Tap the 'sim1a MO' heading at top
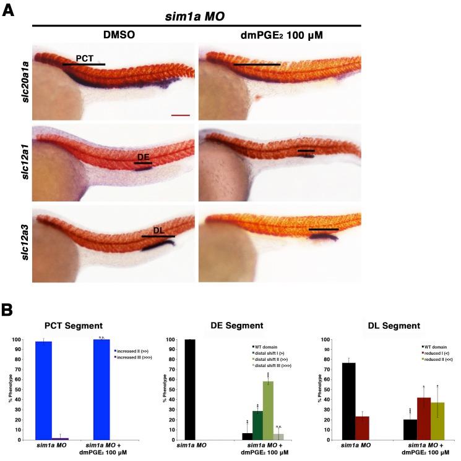(197, 16)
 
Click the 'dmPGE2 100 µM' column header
(278, 35)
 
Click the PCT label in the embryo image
(85, 58)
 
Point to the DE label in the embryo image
(143, 157)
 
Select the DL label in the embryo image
(158, 230)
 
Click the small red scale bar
(180, 114)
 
